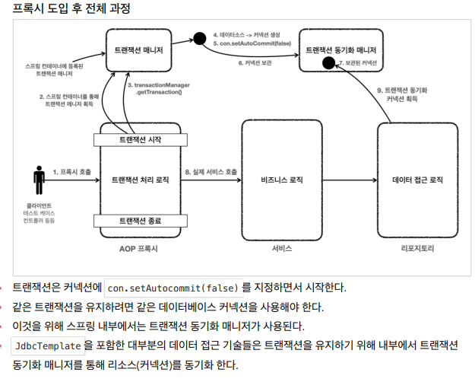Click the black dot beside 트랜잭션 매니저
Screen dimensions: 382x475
[200, 38]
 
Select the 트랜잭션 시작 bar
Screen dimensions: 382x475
[140, 141]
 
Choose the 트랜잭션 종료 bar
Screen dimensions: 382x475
[140, 221]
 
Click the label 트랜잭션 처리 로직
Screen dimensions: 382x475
[141, 180]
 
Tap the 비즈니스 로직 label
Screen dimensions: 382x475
[281, 180]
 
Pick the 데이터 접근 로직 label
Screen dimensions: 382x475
[417, 180]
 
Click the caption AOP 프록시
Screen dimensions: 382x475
[140, 248]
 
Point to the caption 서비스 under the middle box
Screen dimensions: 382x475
[281, 248]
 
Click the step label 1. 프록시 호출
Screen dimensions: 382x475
[71, 173]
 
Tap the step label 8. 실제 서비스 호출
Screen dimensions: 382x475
[211, 173]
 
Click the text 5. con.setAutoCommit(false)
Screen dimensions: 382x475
[250, 44]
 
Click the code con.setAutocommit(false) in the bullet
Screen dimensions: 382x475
[173, 288]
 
